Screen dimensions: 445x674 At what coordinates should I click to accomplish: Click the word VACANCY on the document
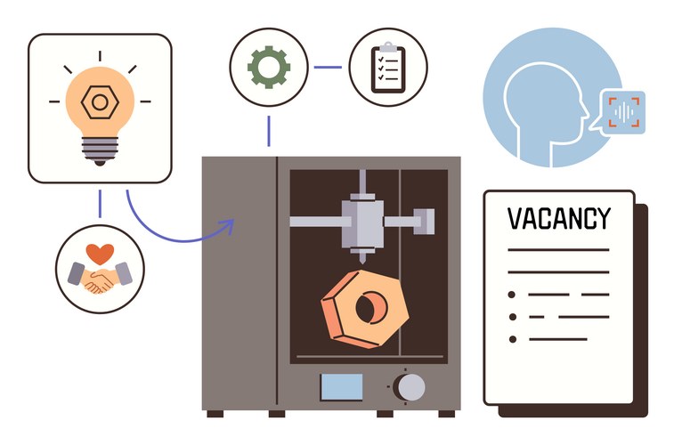(559, 219)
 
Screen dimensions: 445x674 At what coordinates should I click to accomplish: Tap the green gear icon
(268, 66)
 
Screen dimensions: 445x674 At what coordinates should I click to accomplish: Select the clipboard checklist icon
(387, 67)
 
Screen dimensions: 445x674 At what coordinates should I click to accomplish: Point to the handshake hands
(100, 279)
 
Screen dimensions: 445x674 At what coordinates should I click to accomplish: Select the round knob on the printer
(410, 387)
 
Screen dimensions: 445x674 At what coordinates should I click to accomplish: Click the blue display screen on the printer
(342, 387)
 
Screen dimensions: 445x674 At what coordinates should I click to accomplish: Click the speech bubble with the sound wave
(622, 112)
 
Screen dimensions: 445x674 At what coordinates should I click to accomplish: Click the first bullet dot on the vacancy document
(511, 294)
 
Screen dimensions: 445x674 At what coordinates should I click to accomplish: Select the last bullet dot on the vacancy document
(511, 339)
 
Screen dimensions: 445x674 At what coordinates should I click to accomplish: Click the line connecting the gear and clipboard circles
(328, 67)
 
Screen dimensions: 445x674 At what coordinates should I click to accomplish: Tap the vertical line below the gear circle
(268, 130)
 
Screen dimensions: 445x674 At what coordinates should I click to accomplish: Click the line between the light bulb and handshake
(100, 204)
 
